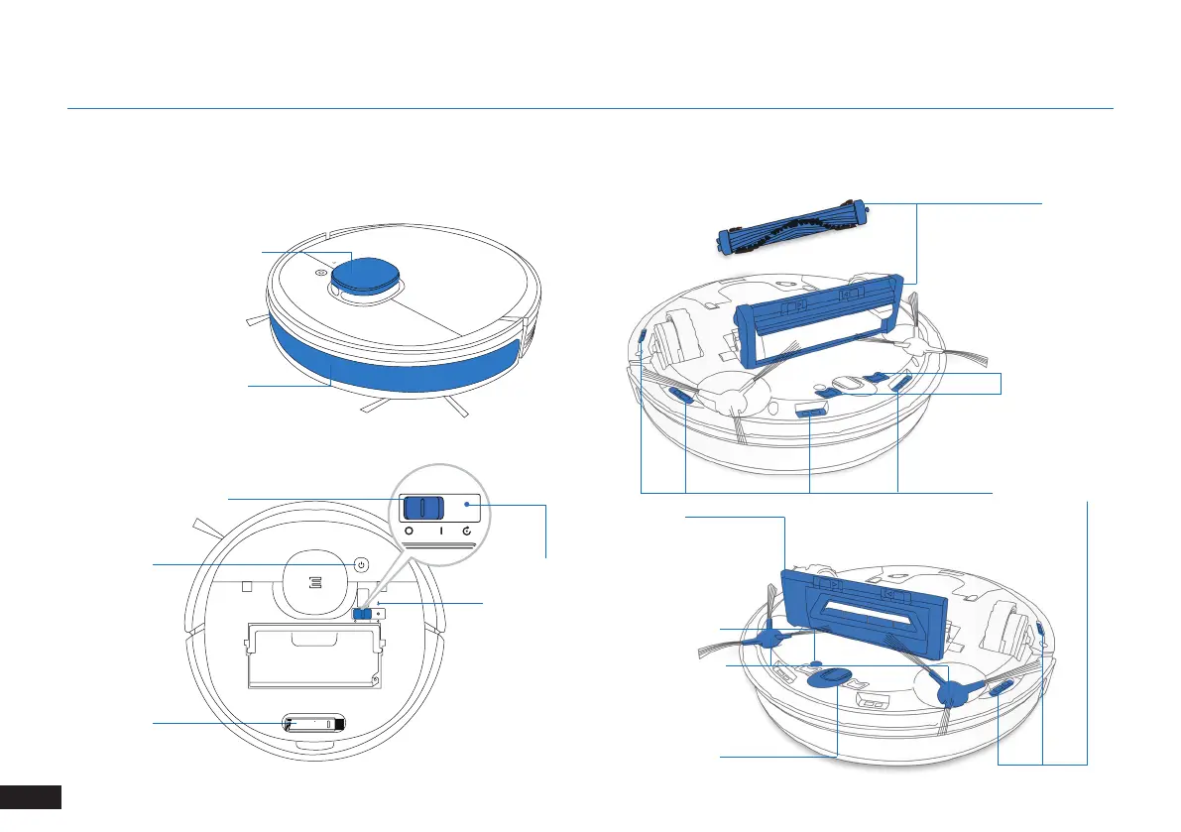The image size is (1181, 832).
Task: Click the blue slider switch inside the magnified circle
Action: pyautogui.click(x=423, y=508)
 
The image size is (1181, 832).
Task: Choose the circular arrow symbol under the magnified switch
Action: pyautogui.click(x=468, y=533)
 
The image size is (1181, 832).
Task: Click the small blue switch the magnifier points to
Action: pyautogui.click(x=364, y=613)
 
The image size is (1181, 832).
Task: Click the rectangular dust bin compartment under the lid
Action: pyautogui.click(x=312, y=654)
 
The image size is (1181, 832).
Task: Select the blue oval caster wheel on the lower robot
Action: pyautogui.click(x=830, y=677)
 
